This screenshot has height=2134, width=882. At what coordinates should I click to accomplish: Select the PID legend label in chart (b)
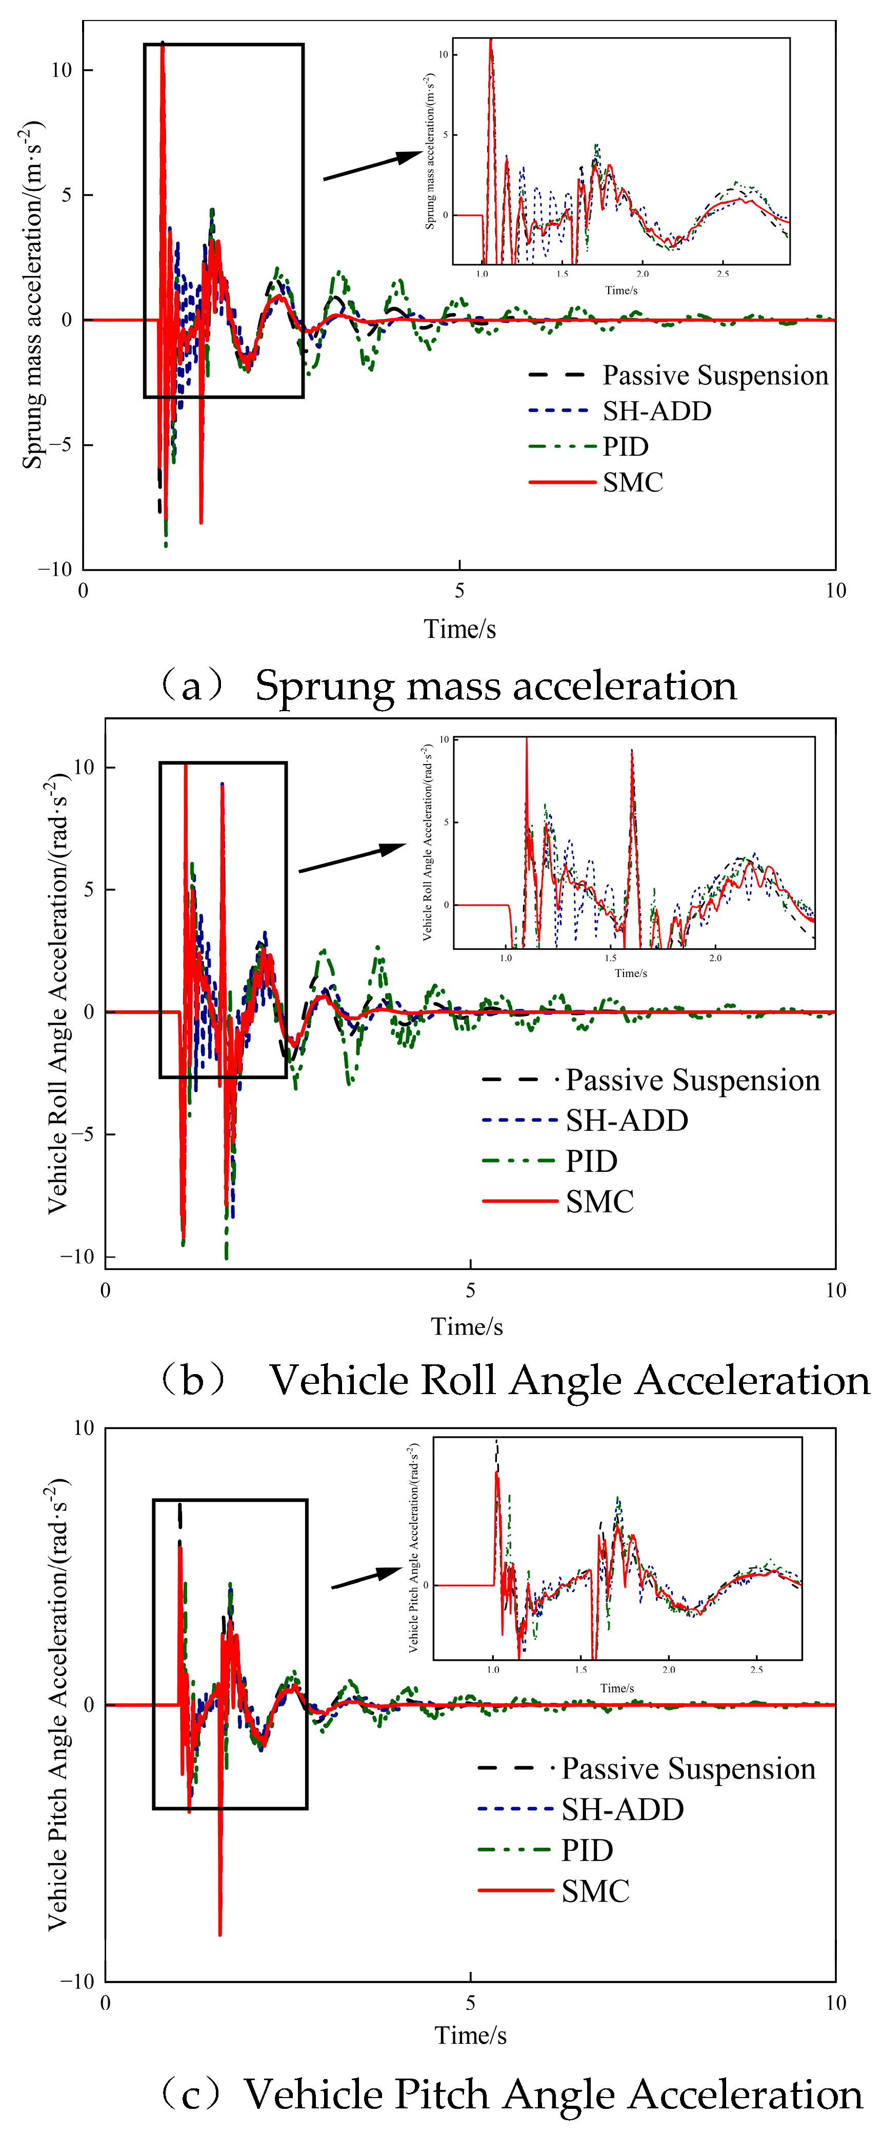[591, 1161]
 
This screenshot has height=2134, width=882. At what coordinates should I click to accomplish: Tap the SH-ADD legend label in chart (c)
[623, 1809]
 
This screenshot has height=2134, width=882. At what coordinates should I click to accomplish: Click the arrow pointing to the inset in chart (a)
[373, 165]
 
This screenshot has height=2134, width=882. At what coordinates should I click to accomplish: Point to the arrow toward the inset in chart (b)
[352, 857]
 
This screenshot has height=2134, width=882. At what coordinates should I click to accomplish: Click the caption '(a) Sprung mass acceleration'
[447, 686]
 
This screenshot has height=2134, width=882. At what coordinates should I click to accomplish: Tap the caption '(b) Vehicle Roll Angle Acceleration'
[513, 1380]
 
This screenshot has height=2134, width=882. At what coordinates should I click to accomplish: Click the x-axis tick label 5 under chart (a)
[459, 591]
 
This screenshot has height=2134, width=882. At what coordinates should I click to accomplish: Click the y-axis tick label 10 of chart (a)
[62, 70]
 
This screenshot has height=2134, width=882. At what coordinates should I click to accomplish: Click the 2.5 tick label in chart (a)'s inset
[723, 273]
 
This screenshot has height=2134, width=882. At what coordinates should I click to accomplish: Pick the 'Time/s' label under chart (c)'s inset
[617, 1688]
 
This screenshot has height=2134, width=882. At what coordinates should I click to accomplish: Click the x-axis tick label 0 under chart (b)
[105, 1290]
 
